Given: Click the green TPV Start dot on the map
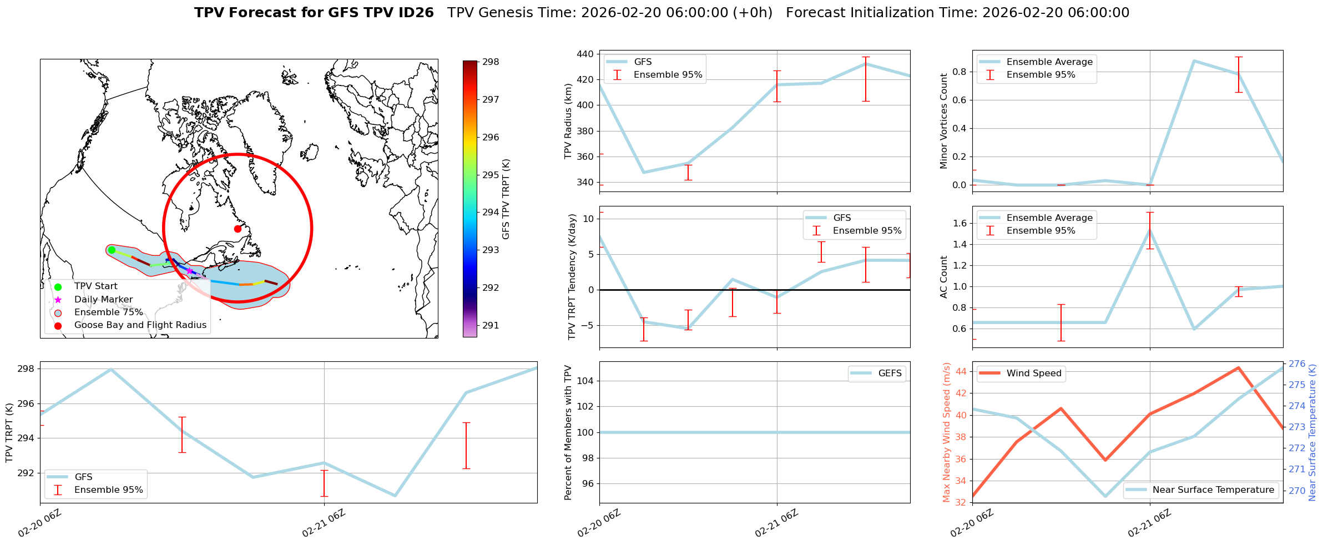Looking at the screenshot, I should (x=112, y=250).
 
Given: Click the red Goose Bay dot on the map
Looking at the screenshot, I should (x=238, y=229).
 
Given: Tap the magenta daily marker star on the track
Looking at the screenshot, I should (x=189, y=271).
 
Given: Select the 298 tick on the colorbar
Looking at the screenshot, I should (x=491, y=62).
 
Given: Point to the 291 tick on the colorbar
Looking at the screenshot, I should (x=491, y=326).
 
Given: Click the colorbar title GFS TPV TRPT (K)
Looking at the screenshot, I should (x=506, y=199).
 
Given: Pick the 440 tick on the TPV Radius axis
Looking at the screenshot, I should (x=585, y=54).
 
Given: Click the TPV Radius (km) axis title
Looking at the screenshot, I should (x=568, y=121).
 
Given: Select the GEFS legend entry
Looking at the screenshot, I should (x=890, y=374).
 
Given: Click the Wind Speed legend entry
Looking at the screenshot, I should (x=1033, y=374).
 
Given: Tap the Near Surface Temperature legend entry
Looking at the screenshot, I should (x=1213, y=490).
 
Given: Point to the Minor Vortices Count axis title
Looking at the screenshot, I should (x=944, y=121).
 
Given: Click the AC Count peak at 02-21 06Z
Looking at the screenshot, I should (x=1150, y=229).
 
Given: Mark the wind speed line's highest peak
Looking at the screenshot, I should (x=1238, y=367).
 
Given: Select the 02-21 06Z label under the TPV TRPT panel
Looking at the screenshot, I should (x=324, y=523).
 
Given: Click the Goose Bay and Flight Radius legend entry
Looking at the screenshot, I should (x=140, y=325).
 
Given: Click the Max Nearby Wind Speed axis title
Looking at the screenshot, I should (x=947, y=432).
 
